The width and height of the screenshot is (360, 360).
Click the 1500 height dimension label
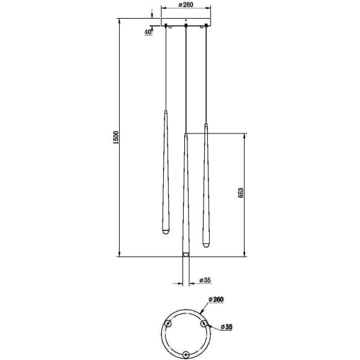coord(117,138)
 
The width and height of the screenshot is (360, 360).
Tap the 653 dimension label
coord(240,193)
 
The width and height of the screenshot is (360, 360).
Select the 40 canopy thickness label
coord(148,32)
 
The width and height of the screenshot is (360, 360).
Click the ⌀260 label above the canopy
coord(186,4)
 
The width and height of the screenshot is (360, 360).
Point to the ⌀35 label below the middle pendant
coord(205,280)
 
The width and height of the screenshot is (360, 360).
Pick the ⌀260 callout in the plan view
coord(216,299)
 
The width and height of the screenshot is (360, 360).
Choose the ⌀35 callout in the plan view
coord(227,327)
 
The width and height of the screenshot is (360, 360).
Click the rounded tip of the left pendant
coord(166,233)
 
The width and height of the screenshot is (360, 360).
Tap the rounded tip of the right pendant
coord(206,245)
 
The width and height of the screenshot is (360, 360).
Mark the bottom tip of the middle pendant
coord(186,254)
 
